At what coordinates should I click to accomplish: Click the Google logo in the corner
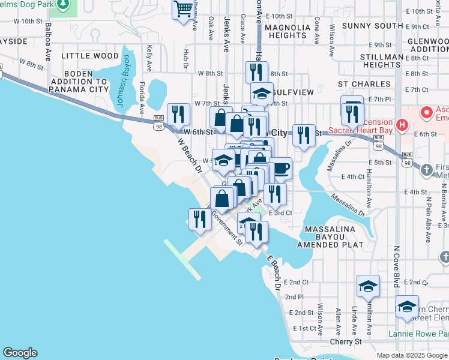coord(20,353)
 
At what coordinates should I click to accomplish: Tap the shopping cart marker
coord(182,10)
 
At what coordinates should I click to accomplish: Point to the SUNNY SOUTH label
coord(372,26)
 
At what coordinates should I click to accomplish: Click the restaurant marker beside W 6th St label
coord(178,114)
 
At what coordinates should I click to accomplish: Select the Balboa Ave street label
coord(48,43)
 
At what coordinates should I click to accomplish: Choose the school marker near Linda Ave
coord(368,286)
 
